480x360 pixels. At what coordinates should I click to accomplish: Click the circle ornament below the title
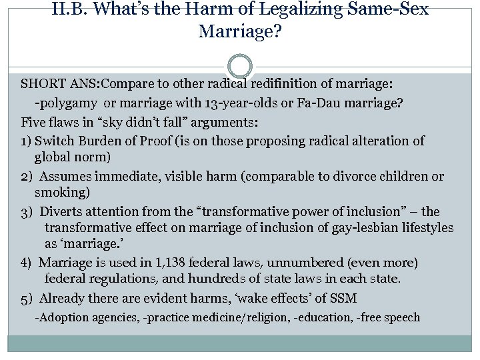(x=240, y=67)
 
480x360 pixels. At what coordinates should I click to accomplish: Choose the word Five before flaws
(x=33, y=123)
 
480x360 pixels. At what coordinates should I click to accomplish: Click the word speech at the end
(x=402, y=317)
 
